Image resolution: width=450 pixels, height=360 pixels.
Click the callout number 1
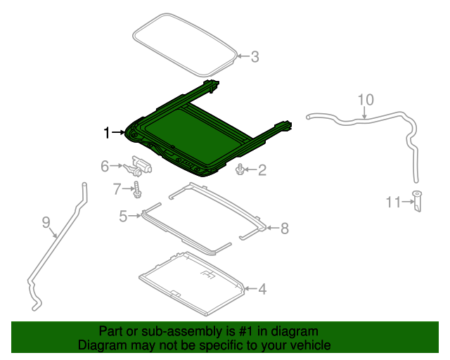click(x=107, y=132)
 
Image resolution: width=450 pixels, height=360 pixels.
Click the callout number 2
click(x=262, y=169)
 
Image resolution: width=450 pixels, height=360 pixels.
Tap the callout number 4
click(x=262, y=288)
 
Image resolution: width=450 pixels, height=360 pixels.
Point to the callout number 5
click(x=123, y=217)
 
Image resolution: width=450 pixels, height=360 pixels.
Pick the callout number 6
click(x=105, y=166)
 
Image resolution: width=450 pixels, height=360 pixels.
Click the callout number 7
click(x=117, y=188)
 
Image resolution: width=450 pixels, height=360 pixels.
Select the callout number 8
click(x=284, y=228)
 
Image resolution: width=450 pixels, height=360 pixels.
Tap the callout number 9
click(x=46, y=223)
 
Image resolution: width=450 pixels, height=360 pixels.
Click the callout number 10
click(x=366, y=99)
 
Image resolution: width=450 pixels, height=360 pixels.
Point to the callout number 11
click(x=392, y=202)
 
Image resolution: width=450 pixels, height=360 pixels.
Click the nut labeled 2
click(x=240, y=169)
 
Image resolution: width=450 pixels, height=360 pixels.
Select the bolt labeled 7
click(x=137, y=188)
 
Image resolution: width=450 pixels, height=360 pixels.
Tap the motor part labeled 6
click(x=140, y=166)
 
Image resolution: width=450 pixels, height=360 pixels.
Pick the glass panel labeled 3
click(x=184, y=44)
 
